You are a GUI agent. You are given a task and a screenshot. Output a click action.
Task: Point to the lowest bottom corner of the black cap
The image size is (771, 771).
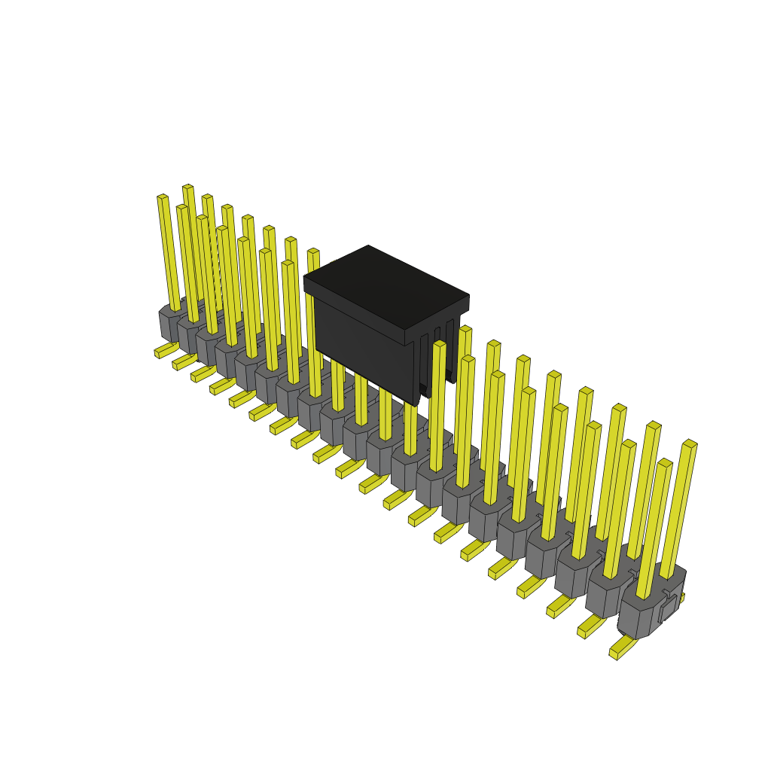tap(416, 405)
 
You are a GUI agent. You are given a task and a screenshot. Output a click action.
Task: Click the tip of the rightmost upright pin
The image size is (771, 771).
tap(690, 444)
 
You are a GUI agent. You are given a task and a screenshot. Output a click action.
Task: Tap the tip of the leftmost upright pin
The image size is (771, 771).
tap(163, 198)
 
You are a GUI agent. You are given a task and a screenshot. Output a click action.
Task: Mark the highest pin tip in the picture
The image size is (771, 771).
tap(187, 187)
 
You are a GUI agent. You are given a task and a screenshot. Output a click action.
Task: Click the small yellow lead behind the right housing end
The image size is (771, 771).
tap(681, 598)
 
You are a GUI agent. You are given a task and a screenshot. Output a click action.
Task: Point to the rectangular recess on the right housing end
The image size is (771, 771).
tap(667, 611)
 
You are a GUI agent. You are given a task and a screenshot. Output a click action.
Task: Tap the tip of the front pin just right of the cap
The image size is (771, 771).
tap(440, 345)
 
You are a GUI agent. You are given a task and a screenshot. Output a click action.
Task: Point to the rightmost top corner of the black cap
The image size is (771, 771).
tap(468, 296)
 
